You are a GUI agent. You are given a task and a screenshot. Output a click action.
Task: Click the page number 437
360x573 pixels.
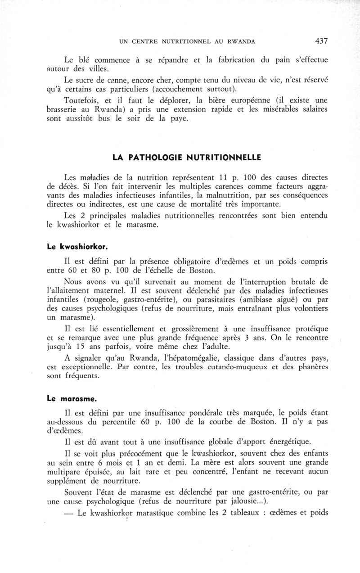[x=321, y=41]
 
